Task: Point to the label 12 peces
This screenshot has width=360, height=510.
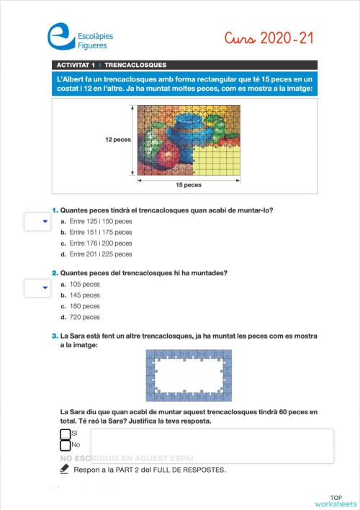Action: pos(118,139)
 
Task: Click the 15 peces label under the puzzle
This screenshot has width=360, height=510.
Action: pos(188,185)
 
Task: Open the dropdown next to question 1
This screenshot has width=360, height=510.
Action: pos(36,222)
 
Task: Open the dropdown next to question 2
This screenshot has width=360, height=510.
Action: pos(36,288)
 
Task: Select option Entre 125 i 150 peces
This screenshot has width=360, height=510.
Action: pos(100,221)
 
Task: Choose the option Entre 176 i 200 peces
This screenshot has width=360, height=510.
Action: pos(100,243)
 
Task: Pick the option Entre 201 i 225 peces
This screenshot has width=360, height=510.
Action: pos(100,254)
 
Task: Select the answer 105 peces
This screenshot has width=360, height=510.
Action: pos(85,285)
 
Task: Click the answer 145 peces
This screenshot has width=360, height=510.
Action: pos(85,295)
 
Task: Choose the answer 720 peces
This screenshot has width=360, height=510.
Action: pos(85,317)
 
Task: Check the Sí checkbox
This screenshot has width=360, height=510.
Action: pos(66,434)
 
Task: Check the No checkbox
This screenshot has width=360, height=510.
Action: pos(66,445)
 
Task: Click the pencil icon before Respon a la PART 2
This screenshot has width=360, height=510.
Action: pos(65,469)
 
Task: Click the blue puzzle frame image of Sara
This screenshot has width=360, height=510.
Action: pos(189,375)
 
